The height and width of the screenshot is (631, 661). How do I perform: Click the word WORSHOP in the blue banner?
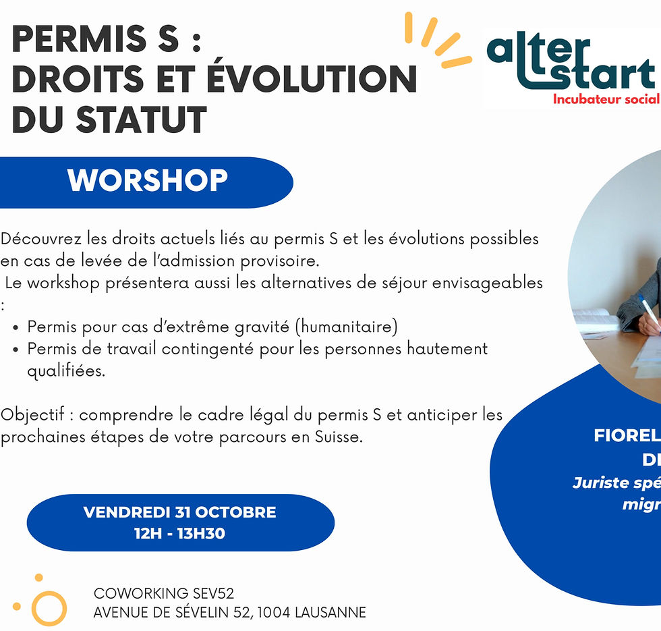pos(147,181)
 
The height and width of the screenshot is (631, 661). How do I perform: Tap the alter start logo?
pos(571,64)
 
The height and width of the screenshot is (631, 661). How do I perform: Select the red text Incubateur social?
pos(605,99)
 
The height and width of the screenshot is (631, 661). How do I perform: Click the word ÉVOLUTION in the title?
pos(311,80)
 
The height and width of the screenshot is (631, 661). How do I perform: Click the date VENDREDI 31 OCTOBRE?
pos(179,512)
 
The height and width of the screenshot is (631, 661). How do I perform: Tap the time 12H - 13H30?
pos(179,534)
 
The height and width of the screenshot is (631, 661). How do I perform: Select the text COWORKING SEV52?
pos(164,594)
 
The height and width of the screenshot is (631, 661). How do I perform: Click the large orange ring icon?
pos(49,608)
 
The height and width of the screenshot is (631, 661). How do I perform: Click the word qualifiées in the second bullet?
pos(65,371)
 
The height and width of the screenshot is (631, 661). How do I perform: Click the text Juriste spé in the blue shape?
pos(616,483)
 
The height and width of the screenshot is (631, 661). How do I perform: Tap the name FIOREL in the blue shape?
pos(627,436)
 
